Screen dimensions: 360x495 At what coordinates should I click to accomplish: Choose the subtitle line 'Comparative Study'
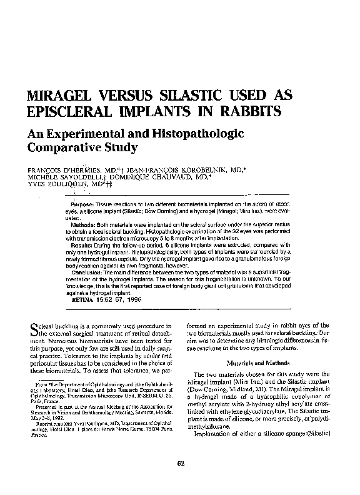(x=82, y=149)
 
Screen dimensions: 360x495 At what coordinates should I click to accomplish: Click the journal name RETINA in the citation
(x=82, y=300)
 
